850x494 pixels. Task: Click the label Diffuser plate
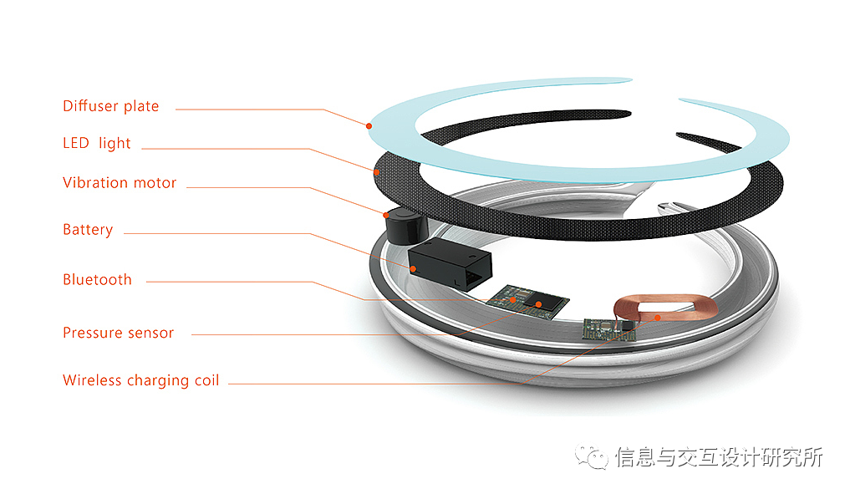tap(110, 106)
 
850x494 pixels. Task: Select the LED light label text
tap(97, 143)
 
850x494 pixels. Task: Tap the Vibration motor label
tap(120, 182)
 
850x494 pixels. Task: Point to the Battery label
tap(88, 230)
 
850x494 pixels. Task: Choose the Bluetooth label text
tap(97, 280)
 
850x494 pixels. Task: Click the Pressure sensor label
tap(118, 333)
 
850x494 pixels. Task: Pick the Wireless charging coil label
tap(140, 380)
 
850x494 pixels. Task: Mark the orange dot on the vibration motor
tap(385, 215)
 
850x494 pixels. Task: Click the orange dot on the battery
tap(413, 267)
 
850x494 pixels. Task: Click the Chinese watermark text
tap(719, 457)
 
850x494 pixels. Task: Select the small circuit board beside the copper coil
tap(609, 328)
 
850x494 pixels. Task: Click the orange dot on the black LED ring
tap(377, 171)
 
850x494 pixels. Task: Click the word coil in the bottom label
tap(206, 380)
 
